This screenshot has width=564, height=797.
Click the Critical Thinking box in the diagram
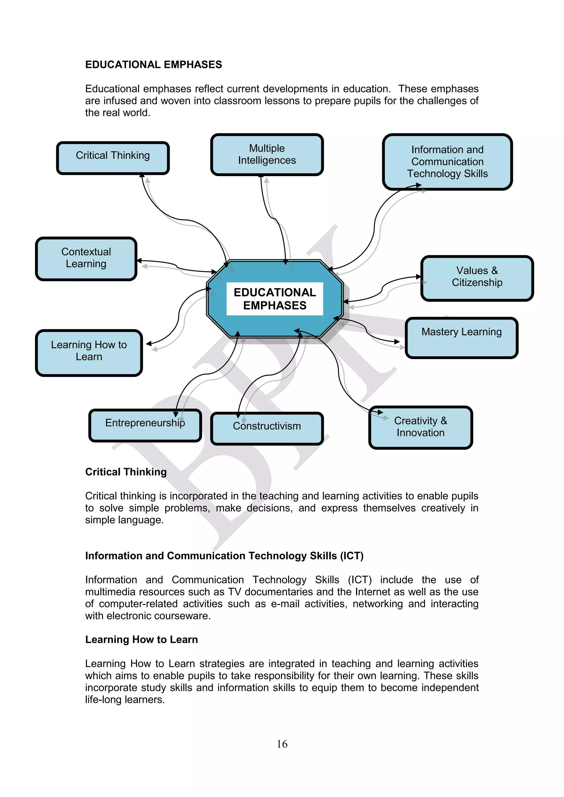click(x=113, y=158)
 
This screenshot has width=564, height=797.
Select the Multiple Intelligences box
click(x=267, y=154)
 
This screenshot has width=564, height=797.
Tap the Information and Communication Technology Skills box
click(x=447, y=162)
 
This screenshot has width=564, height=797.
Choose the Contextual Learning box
click(x=86, y=259)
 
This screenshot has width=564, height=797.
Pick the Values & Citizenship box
click(x=477, y=278)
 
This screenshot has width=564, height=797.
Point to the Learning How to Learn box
click(x=89, y=352)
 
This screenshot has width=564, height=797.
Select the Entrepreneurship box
click(x=145, y=425)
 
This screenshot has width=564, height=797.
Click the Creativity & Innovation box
click(x=420, y=427)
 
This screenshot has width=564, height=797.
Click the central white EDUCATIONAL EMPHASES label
click(x=275, y=299)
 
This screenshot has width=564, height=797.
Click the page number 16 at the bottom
click(x=282, y=744)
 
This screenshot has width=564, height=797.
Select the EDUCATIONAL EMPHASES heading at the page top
click(x=153, y=65)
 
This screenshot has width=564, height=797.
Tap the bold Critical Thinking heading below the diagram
click(x=126, y=472)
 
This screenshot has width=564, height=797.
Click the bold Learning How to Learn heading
click(x=141, y=639)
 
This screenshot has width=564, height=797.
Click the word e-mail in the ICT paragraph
click(x=285, y=604)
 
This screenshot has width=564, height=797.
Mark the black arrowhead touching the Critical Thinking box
click(x=142, y=174)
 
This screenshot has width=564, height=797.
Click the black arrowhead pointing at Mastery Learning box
click(x=397, y=342)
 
